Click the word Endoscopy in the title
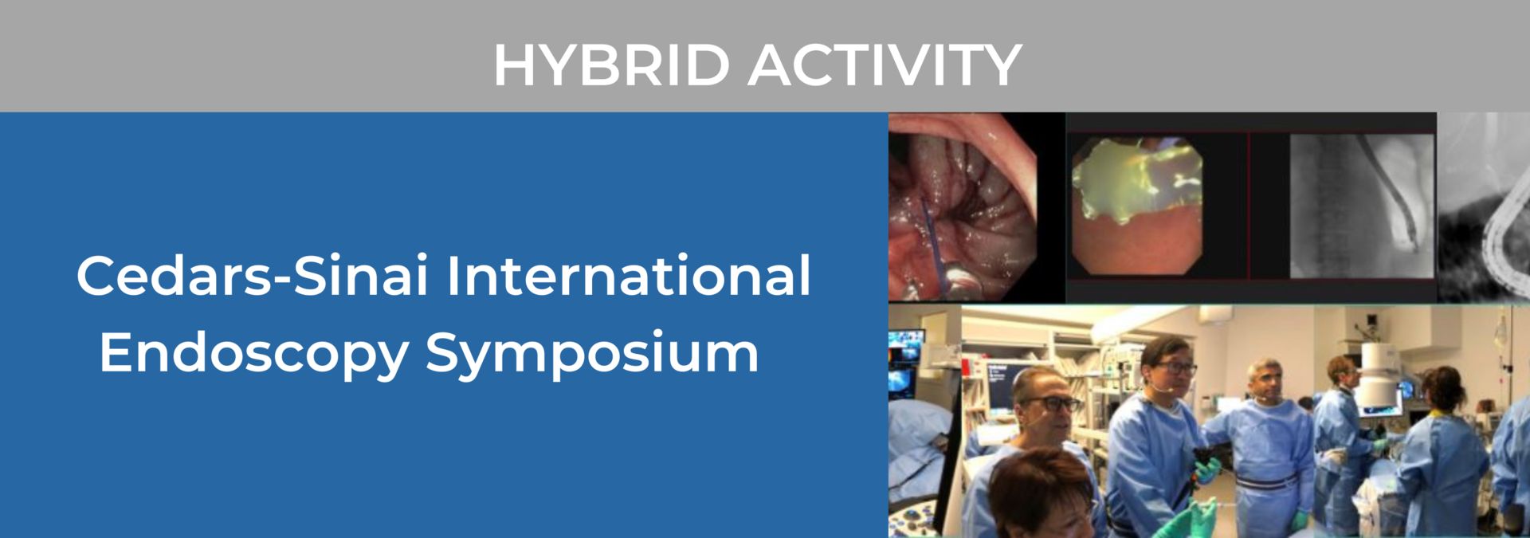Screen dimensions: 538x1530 253,352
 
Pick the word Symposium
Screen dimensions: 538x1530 592,352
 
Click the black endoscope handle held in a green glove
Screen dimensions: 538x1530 1202,462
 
